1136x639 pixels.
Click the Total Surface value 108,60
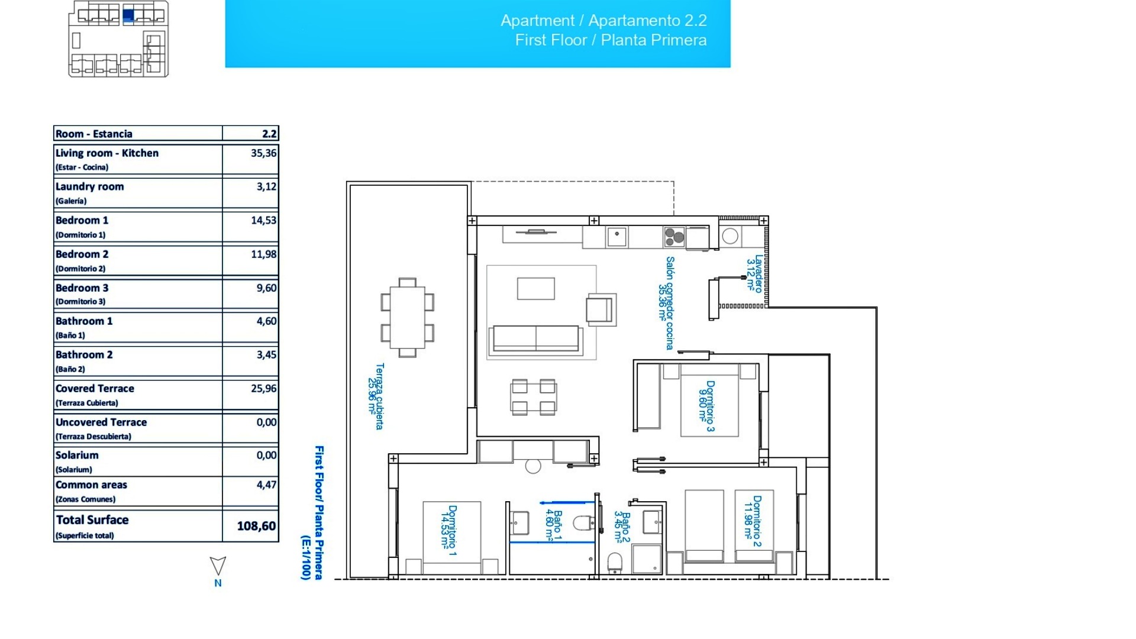click(256, 526)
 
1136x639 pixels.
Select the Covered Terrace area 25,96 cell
click(263, 389)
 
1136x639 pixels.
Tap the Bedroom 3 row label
click(82, 288)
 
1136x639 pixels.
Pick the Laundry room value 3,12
click(266, 186)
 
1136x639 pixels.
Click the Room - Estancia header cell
click(94, 134)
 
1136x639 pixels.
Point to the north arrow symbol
click(218, 566)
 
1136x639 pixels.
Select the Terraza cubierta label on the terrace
click(376, 396)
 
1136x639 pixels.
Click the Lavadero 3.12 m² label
click(754, 273)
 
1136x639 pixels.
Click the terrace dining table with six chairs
click(408, 318)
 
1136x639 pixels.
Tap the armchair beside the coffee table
click(600, 309)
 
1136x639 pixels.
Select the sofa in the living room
click(535, 338)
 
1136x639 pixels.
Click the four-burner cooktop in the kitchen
click(674, 237)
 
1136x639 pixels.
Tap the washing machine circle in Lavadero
click(730, 237)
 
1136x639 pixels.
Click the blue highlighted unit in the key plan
click(128, 15)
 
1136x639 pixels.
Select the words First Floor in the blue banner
click(550, 40)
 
